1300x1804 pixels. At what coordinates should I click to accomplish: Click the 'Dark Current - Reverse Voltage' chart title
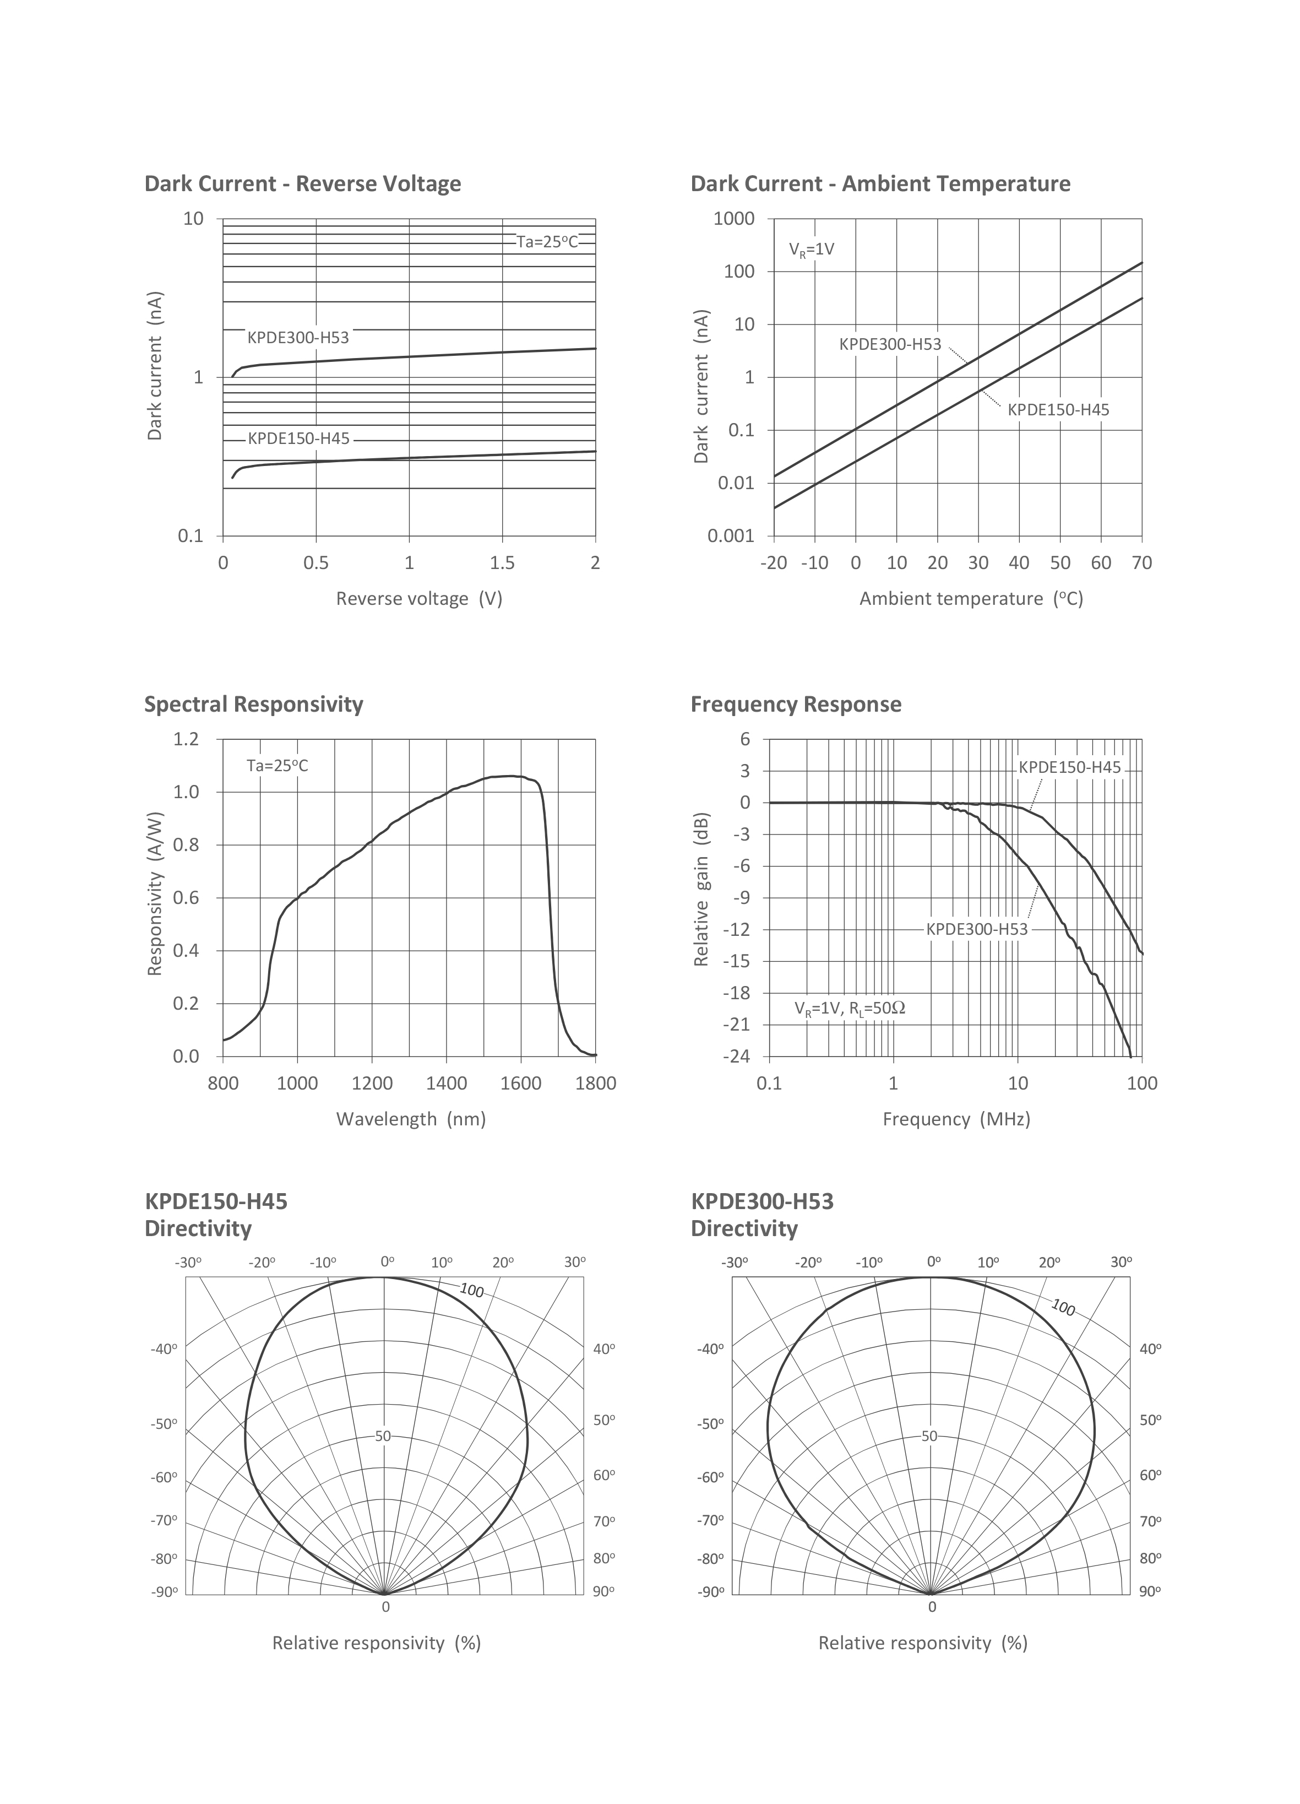[302, 184]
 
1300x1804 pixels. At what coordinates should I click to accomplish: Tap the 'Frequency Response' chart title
[796, 704]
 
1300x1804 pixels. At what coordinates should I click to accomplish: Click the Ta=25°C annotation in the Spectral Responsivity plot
[277, 766]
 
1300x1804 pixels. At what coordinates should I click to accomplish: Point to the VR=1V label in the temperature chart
[811, 249]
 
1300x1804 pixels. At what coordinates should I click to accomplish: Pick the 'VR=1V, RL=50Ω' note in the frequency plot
[850, 1009]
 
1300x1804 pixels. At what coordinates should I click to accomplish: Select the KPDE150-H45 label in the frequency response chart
[1069, 767]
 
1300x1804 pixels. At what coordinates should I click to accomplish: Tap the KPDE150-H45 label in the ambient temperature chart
[1058, 410]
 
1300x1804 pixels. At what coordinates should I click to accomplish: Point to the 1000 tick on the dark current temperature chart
[734, 219]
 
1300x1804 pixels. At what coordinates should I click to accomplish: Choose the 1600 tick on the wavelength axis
[521, 1084]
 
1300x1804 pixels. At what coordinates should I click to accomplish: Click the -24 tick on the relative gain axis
[736, 1057]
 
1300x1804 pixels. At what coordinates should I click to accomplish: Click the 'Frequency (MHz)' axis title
[956, 1119]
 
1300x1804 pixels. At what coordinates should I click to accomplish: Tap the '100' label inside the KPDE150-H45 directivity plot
[471, 1290]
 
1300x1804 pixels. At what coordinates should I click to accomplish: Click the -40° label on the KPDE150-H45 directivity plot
[164, 1349]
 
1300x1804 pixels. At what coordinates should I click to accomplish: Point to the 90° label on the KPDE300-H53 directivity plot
[1150, 1591]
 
